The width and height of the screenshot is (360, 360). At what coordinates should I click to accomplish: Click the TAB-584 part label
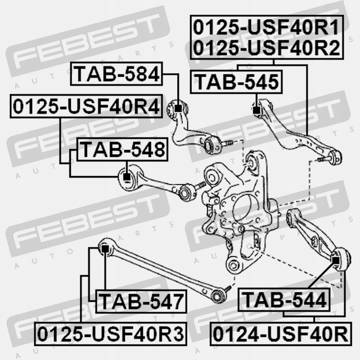[116, 74]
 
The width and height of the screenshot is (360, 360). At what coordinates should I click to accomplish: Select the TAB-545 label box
[236, 82]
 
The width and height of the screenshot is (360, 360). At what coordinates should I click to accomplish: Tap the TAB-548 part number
[122, 149]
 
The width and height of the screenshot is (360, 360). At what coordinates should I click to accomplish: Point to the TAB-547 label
[141, 301]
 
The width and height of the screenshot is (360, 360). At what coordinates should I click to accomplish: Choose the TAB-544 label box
[284, 300]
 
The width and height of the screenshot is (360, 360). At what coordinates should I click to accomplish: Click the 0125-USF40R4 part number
[86, 106]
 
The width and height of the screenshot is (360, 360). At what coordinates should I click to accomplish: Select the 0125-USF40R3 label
[110, 334]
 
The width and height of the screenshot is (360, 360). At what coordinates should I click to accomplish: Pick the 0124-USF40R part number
[281, 334]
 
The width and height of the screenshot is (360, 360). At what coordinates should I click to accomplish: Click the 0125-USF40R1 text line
[266, 28]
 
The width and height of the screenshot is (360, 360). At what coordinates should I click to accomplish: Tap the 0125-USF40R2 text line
[266, 48]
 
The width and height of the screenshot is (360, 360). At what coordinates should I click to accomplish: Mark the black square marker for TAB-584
[178, 108]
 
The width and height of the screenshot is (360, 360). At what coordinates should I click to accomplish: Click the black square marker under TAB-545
[256, 110]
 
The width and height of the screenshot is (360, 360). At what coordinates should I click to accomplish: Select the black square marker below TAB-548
[127, 177]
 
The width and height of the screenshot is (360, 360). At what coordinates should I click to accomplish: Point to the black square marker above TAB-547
[105, 249]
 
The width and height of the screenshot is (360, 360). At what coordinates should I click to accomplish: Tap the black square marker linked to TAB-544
[336, 260]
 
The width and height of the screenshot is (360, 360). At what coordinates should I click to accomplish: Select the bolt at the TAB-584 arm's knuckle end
[227, 143]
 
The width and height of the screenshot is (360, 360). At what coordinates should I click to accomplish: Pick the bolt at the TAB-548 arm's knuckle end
[200, 186]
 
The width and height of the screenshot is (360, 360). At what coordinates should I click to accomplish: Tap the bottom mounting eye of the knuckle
[233, 265]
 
